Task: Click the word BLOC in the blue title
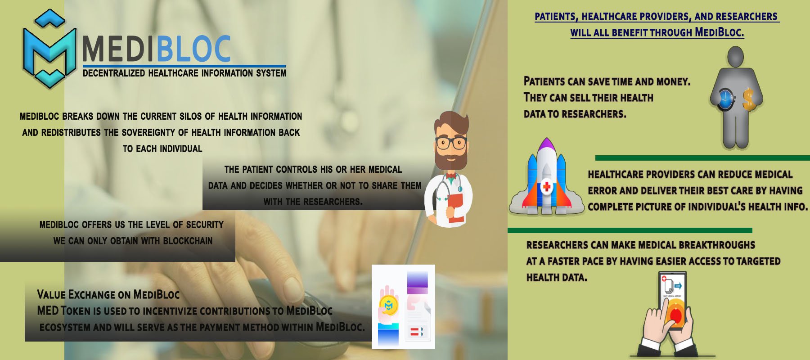point(194,49)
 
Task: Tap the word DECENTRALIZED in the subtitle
point(114,73)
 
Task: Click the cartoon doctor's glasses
point(451,144)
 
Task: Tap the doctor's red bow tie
point(451,175)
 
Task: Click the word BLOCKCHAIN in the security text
point(188,241)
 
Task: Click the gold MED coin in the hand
point(388,306)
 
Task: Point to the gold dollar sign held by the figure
point(748,99)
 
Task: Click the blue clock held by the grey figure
point(725,99)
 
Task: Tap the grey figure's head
point(735,57)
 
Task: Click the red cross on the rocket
point(547,186)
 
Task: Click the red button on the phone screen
point(675,315)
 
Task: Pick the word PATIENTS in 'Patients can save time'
point(544,81)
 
